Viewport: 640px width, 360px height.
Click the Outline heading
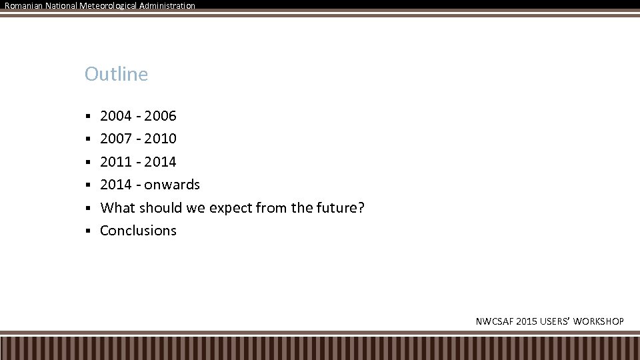coord(116,74)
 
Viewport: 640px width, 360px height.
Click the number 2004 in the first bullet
coord(116,116)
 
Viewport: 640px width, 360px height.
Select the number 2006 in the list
coord(160,116)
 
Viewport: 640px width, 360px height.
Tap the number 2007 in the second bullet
coord(116,139)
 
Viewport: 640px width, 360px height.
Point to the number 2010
coord(160,139)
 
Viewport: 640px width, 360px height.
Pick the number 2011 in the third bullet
coord(116,161)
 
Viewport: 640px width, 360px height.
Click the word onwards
coord(172,185)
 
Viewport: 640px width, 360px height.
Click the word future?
coord(340,207)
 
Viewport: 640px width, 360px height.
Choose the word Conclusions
coord(138,231)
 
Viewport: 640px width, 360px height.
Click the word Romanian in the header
coord(23,5)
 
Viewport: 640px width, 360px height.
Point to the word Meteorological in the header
coord(109,5)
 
